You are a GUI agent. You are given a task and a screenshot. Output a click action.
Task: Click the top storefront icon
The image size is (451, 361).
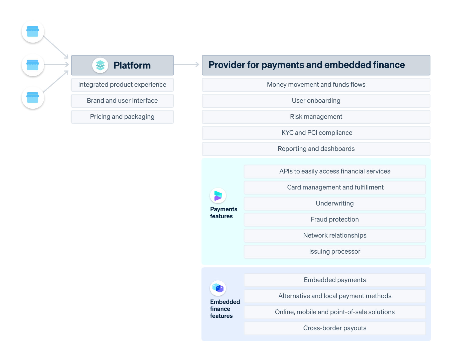[33, 32]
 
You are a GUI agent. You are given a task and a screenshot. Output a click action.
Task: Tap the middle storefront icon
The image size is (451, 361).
[33, 65]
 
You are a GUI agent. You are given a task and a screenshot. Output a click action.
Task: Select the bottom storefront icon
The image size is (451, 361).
[33, 98]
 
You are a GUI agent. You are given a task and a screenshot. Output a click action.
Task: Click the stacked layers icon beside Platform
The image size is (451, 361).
[100, 65]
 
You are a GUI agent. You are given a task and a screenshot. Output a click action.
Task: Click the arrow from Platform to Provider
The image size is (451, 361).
[186, 65]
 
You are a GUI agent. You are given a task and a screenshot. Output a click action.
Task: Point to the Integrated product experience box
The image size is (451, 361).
[122, 85]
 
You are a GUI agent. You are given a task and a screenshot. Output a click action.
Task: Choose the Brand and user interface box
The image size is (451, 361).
[122, 101]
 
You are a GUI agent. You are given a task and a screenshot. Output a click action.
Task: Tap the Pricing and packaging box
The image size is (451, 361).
[122, 117]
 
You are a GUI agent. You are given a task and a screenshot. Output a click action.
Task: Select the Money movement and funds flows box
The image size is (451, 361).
[316, 85]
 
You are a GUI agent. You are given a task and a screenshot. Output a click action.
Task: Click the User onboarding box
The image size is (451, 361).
[316, 101]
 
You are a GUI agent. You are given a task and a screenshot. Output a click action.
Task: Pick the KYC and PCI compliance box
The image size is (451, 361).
[316, 133]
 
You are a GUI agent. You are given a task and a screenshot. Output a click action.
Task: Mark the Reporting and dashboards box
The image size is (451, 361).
[316, 149]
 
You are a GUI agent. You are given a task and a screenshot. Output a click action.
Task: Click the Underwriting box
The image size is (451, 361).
[334, 204]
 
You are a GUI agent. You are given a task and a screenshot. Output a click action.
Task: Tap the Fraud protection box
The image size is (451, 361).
[334, 220]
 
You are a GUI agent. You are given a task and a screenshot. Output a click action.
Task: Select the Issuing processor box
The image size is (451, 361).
[334, 252]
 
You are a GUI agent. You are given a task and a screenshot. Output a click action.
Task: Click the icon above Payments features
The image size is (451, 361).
[218, 196]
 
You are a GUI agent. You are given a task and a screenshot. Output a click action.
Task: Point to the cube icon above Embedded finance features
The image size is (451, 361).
[218, 288]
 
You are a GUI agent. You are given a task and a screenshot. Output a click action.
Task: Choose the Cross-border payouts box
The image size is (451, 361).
[334, 328]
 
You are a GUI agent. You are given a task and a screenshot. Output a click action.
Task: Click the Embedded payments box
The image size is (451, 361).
[334, 280]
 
